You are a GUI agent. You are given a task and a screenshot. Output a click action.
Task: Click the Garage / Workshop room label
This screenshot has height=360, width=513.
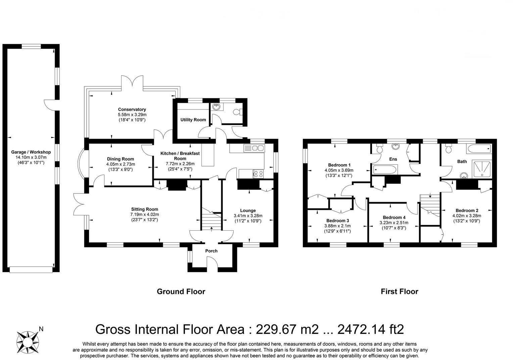(31, 152)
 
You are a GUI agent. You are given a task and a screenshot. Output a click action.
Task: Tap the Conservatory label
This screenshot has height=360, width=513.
(132, 109)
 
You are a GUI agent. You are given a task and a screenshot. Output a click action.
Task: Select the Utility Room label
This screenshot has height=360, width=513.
(193, 120)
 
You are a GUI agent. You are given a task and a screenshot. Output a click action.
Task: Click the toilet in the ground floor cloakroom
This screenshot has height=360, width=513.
(238, 112)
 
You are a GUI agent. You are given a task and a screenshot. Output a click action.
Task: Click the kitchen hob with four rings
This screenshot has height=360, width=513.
(258, 174)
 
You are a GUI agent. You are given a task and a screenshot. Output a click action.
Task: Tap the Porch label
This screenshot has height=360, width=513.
(211, 251)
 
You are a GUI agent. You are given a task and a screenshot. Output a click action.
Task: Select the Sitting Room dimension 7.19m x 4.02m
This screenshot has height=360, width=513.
(144, 215)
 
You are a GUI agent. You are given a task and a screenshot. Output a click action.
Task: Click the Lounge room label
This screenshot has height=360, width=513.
(248, 211)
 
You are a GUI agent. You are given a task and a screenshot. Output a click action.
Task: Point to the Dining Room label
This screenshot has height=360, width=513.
(121, 159)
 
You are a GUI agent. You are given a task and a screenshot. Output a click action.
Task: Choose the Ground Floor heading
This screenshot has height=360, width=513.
(181, 291)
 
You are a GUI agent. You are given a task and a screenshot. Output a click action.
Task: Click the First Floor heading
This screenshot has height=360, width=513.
(400, 291)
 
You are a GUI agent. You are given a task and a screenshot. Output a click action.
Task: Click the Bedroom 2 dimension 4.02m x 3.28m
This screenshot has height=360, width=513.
(467, 216)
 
